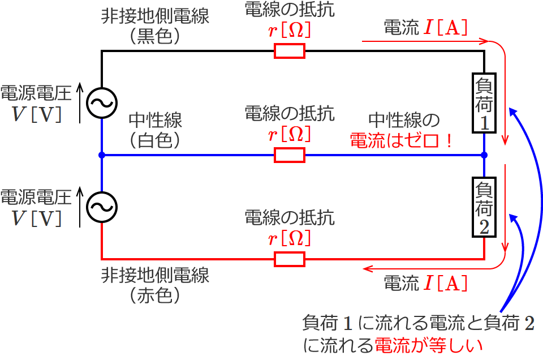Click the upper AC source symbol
(x=102, y=103)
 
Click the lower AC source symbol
(x=102, y=208)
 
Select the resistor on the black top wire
(x=290, y=52)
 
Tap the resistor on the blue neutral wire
(x=290, y=155)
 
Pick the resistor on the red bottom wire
(x=290, y=259)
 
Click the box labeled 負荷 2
(x=485, y=208)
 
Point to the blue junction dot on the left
(x=102, y=155)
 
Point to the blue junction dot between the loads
(x=485, y=155)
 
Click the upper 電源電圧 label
(x=36, y=93)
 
